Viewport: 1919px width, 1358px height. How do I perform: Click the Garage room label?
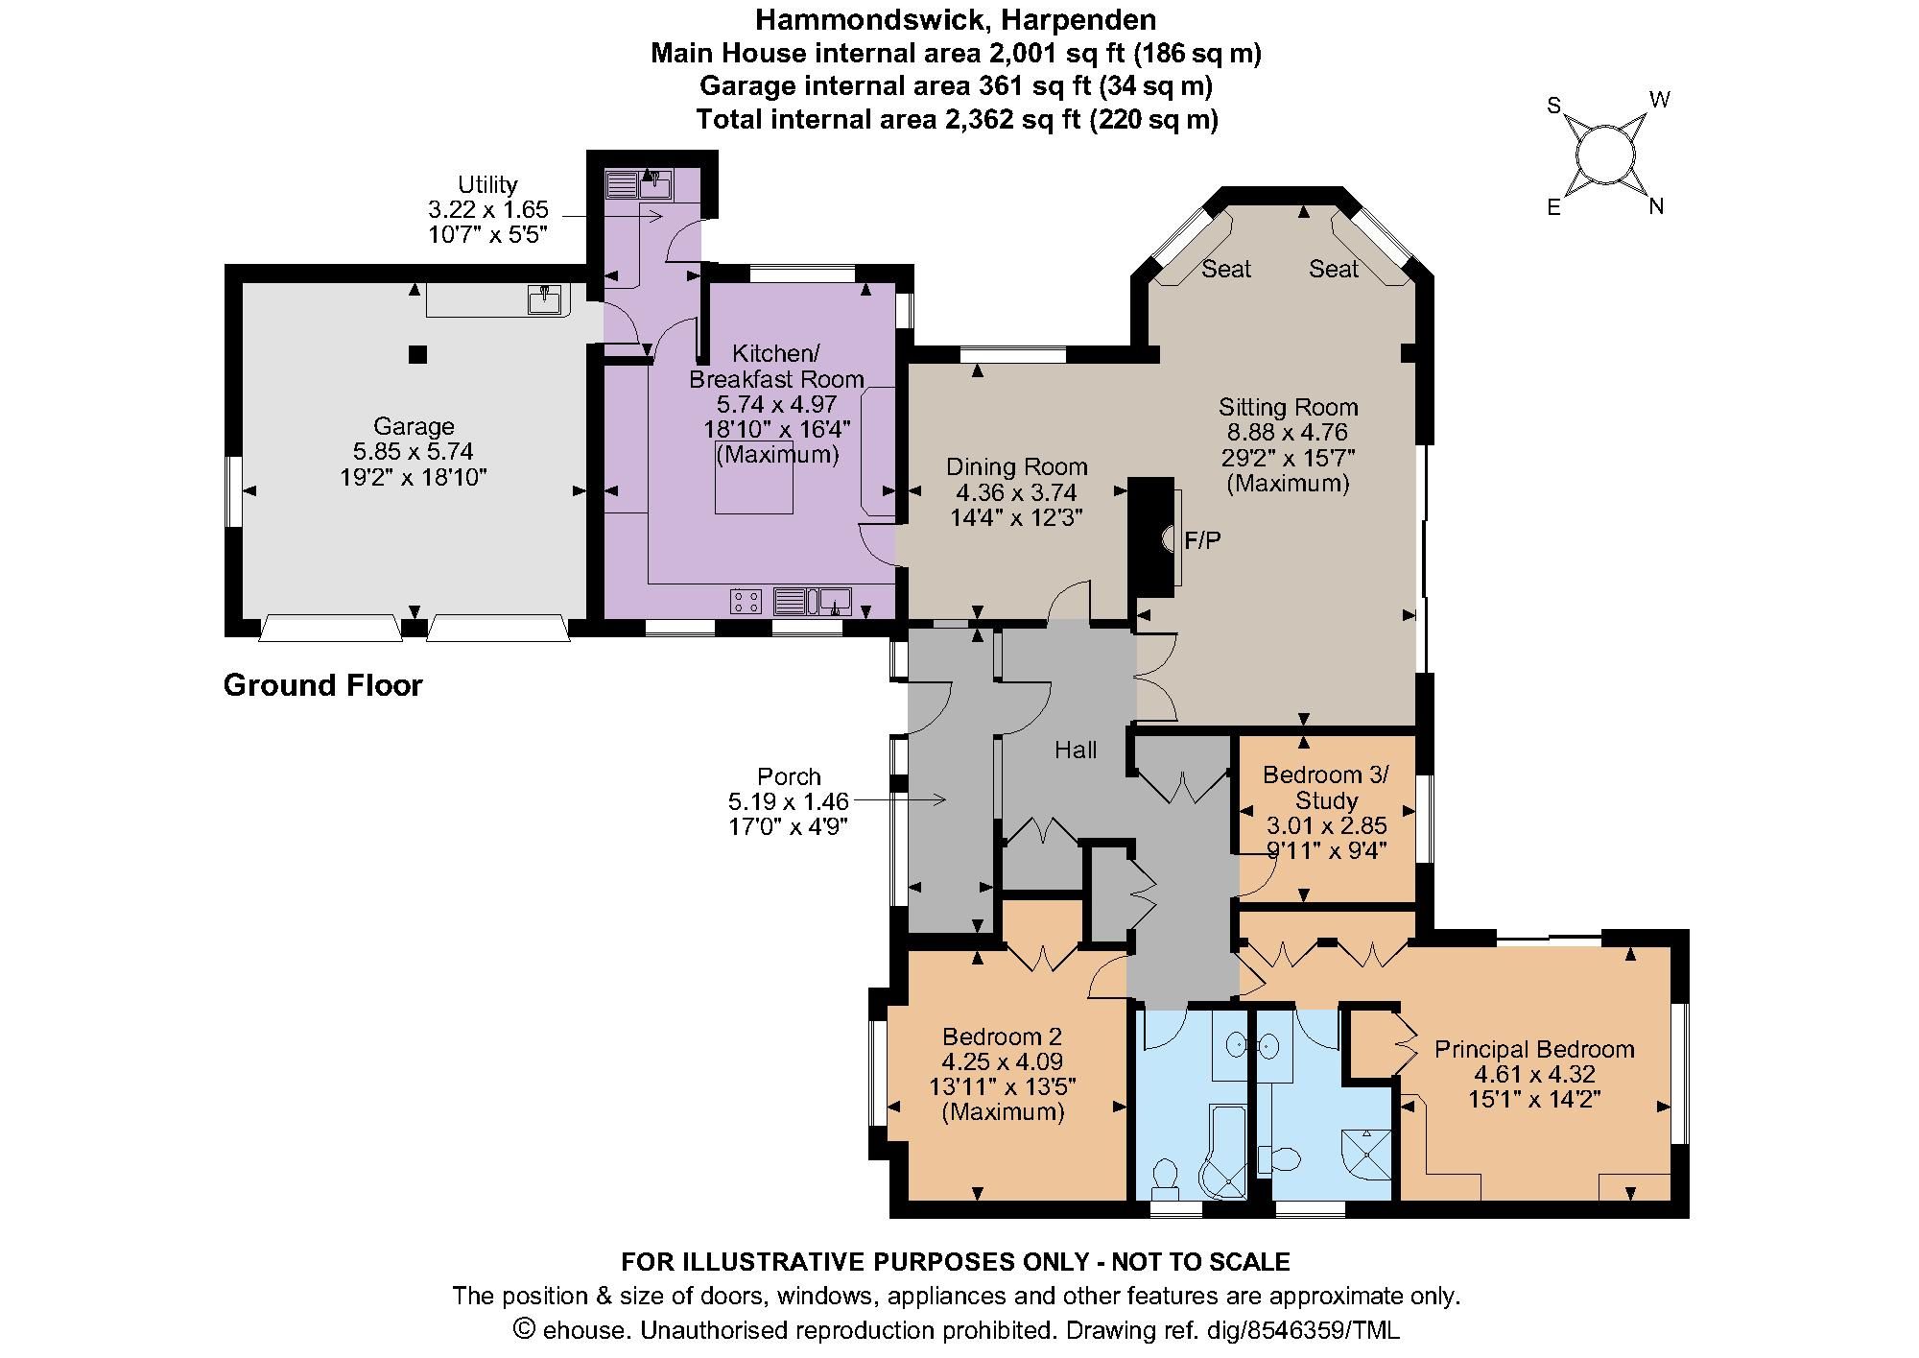pos(414,426)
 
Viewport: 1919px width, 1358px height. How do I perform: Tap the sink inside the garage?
pos(544,298)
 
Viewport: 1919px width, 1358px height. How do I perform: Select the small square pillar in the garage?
pos(417,354)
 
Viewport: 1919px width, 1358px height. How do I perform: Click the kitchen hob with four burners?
pos(746,602)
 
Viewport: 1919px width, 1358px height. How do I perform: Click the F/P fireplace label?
pos(1202,540)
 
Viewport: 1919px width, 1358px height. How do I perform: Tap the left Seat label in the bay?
pos(1225,269)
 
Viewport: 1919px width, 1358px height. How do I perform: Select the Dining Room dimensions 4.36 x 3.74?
pos(1016,492)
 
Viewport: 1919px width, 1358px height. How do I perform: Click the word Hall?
pos(1076,750)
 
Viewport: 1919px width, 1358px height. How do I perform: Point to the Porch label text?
pos(789,776)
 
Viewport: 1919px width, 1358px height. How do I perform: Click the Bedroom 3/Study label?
pos(1325,787)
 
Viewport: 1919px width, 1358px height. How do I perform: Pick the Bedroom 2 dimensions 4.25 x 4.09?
pos(1002,1061)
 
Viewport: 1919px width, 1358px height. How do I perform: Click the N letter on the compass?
pos(1655,206)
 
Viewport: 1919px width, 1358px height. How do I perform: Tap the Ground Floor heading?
pos(322,685)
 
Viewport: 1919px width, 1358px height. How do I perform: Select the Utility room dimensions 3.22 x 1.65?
pos(487,209)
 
